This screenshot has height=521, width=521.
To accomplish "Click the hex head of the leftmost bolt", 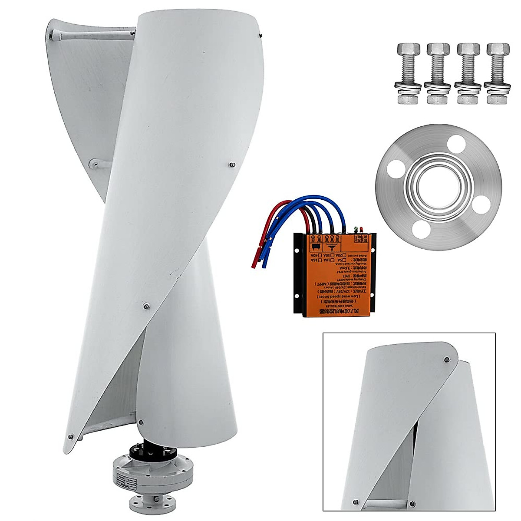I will [408, 49].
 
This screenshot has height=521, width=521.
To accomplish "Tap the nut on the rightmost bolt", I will [497, 99].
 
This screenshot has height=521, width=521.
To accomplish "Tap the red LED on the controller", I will [361, 229].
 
